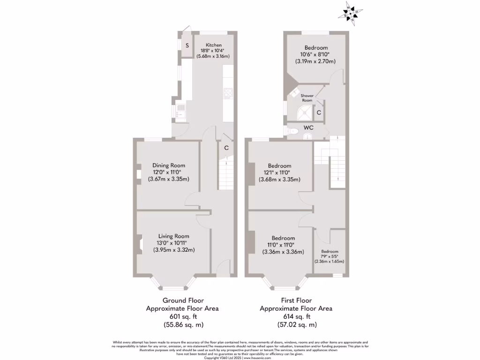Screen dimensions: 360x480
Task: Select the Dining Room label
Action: point(168,165)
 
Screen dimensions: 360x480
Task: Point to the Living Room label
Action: point(173,236)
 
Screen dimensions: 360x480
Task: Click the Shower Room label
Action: point(307,98)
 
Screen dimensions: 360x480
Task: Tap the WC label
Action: point(308,127)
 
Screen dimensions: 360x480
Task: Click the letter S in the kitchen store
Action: point(187,45)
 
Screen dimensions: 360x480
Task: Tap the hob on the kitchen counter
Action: point(228,94)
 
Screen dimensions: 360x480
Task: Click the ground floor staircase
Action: point(225,173)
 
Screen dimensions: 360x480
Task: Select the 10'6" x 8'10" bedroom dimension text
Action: point(315,54)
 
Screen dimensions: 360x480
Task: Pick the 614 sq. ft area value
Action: point(296,316)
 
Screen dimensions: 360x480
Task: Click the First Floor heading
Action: point(296,300)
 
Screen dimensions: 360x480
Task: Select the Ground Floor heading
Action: point(183,300)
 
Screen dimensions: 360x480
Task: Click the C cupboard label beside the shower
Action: point(319,112)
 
